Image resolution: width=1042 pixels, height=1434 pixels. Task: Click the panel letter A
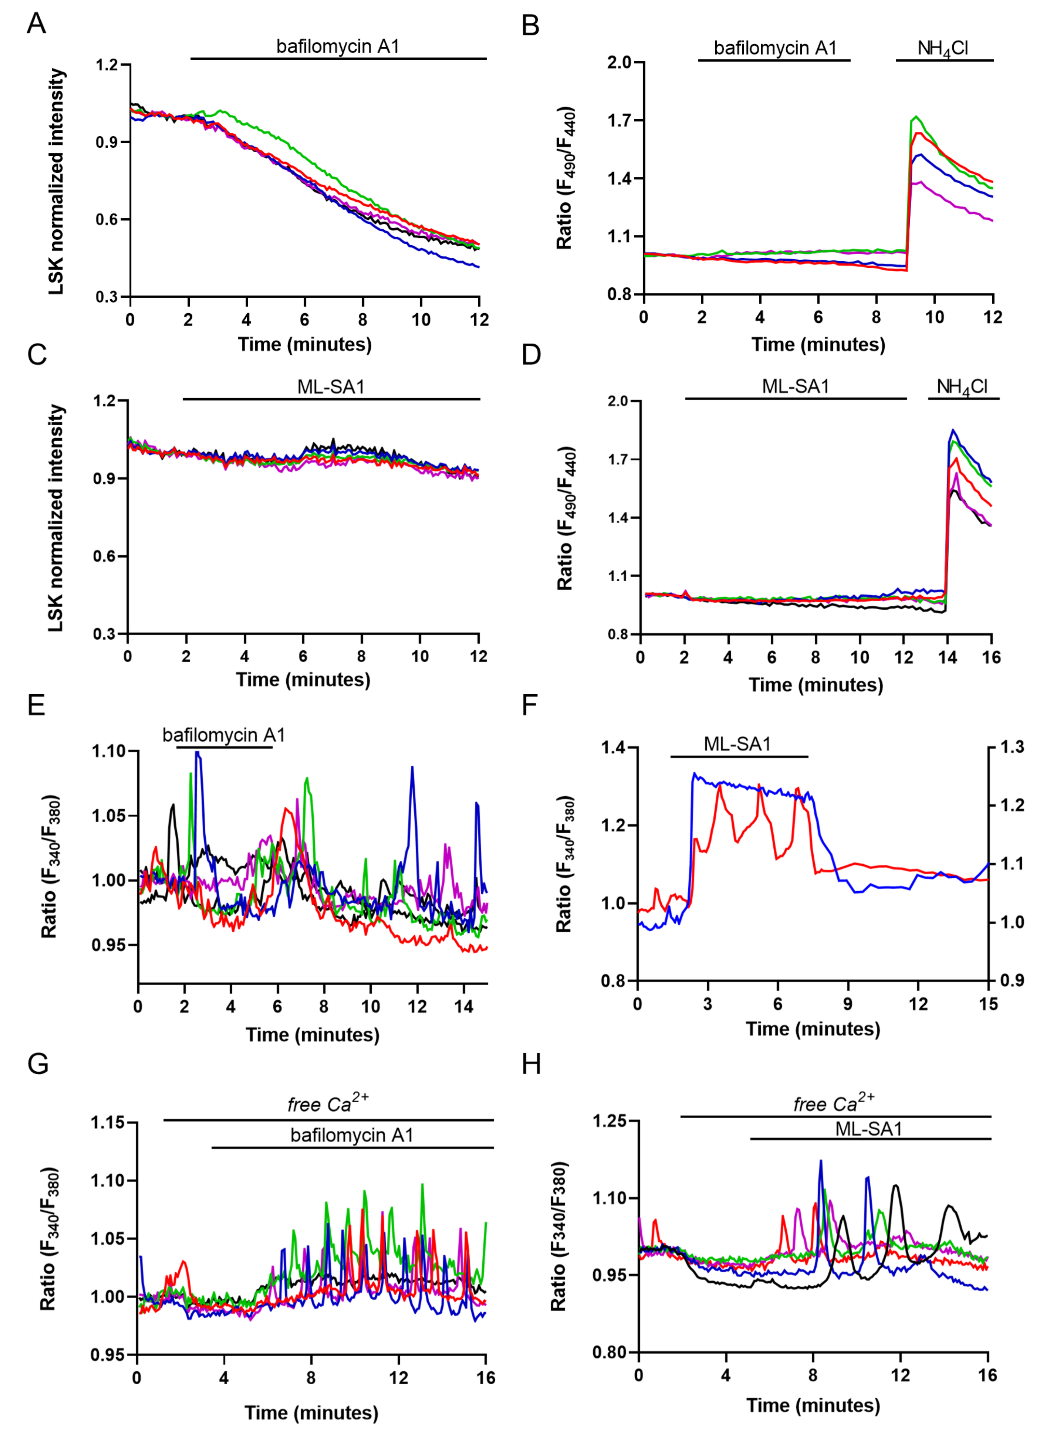(x=36, y=24)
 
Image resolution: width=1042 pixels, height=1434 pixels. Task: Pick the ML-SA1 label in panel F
(x=737, y=744)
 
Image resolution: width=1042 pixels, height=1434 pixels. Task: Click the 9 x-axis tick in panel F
(x=848, y=1004)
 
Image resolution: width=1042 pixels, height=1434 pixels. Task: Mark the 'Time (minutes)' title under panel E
(x=312, y=1035)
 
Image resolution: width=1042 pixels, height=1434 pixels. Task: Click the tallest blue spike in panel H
(x=821, y=1161)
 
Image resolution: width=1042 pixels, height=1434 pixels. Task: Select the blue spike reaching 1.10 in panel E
(x=198, y=752)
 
